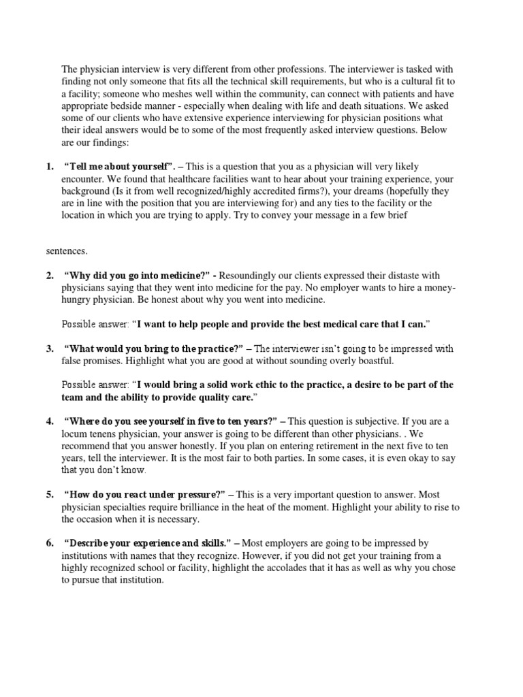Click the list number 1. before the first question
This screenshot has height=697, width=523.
[x=50, y=167]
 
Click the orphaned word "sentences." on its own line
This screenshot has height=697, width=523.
[x=67, y=251]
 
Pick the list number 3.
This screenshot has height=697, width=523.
[x=50, y=349]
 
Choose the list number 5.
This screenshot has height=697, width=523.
[x=50, y=494]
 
